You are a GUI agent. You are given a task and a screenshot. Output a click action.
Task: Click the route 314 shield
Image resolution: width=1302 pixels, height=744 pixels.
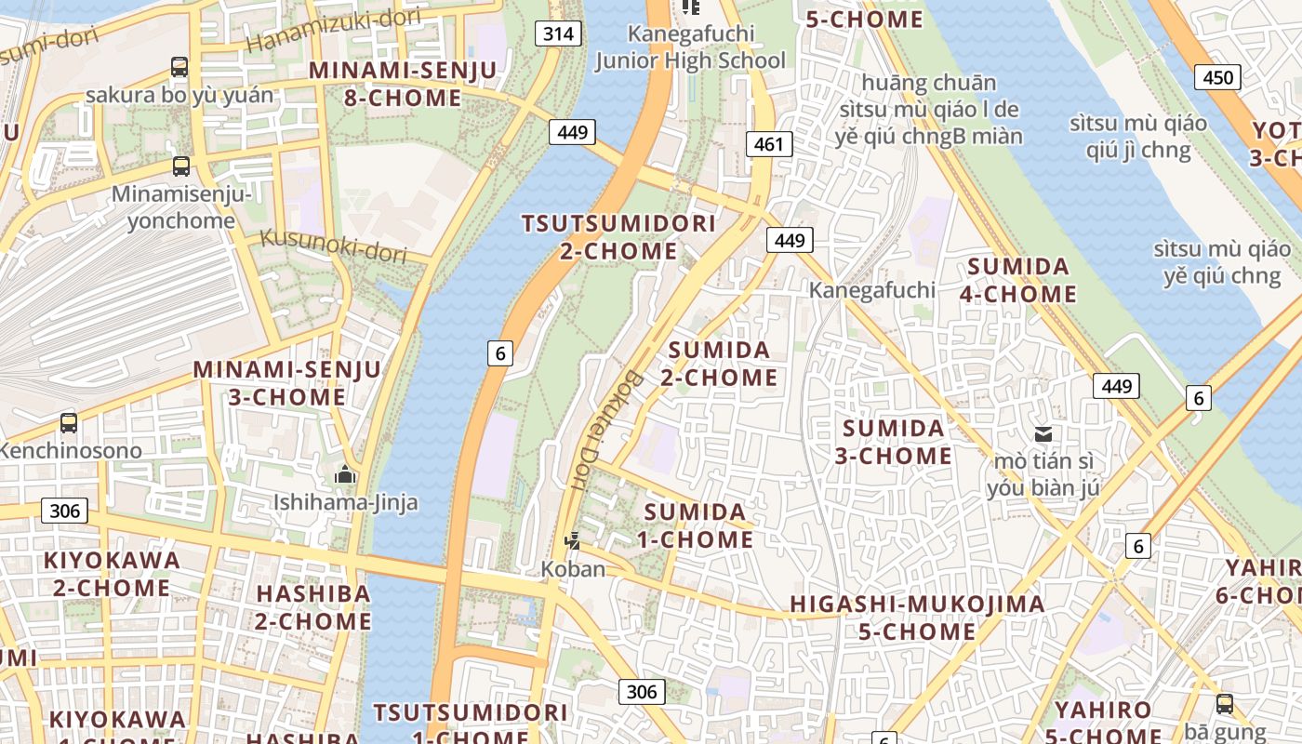pyautogui.click(x=558, y=34)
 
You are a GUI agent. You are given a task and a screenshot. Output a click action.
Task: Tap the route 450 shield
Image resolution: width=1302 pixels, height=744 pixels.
pyautogui.click(x=1218, y=76)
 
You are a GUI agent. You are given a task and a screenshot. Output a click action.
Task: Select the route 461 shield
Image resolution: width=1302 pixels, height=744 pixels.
pyautogui.click(x=768, y=143)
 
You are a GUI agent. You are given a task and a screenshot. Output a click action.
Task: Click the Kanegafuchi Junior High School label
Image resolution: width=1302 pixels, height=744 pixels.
pyautogui.click(x=690, y=47)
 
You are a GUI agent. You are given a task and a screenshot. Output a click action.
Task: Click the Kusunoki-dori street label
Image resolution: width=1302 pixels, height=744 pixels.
pyautogui.click(x=333, y=244)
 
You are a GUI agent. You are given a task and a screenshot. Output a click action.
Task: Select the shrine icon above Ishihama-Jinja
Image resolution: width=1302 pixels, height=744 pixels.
pyautogui.click(x=345, y=475)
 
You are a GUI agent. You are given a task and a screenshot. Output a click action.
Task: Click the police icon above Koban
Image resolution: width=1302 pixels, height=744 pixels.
pyautogui.click(x=573, y=541)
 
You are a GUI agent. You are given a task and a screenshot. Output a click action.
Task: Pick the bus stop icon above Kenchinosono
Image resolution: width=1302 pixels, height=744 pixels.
pyautogui.click(x=69, y=423)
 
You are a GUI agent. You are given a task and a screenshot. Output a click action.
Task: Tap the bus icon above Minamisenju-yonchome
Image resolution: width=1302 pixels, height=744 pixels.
pyautogui.click(x=181, y=166)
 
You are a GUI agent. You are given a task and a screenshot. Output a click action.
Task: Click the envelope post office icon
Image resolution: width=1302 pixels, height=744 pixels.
pyautogui.click(x=1043, y=433)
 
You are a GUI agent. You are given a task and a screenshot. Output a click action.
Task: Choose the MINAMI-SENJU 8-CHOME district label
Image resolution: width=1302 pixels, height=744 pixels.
pyautogui.click(x=385, y=85)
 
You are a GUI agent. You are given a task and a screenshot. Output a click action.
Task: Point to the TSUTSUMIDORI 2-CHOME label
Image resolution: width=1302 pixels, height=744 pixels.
pyautogui.click(x=618, y=237)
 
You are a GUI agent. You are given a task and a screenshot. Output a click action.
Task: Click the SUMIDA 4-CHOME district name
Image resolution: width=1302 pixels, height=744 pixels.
pyautogui.click(x=1019, y=280)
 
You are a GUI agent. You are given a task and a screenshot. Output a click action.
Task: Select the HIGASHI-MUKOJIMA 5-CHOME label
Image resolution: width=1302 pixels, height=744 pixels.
pyautogui.click(x=917, y=618)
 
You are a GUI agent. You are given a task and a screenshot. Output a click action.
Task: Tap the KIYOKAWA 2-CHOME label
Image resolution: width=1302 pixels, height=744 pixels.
pyautogui.click(x=112, y=574)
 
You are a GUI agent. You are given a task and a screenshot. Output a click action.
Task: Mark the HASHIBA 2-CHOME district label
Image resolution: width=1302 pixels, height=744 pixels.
pyautogui.click(x=313, y=606)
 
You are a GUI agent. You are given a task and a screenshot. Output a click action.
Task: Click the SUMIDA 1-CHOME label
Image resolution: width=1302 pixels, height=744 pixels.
pyautogui.click(x=696, y=525)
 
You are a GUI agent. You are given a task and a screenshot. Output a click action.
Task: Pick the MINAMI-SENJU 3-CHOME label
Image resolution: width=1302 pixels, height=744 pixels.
pyautogui.click(x=287, y=383)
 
